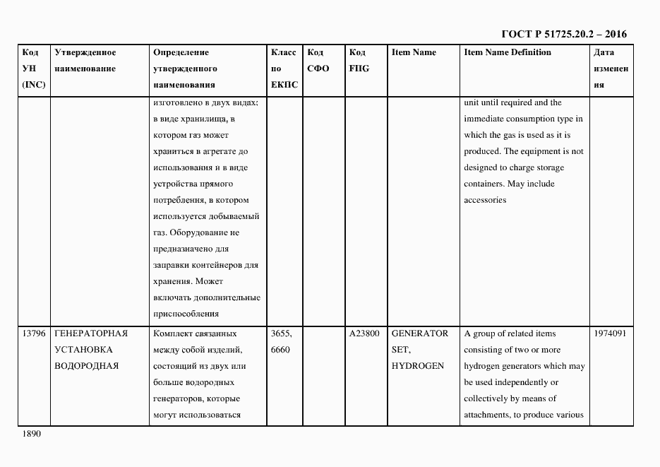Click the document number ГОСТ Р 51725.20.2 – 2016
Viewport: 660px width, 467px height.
(x=563, y=34)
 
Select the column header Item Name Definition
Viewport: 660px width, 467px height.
(x=508, y=52)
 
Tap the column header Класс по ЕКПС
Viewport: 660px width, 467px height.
(x=284, y=69)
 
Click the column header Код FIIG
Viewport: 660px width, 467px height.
(x=359, y=61)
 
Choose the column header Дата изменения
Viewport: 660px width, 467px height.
(x=611, y=69)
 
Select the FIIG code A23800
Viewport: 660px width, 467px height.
(x=364, y=333)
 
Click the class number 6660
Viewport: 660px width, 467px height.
(x=281, y=350)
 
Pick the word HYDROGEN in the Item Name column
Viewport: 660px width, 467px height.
(x=417, y=366)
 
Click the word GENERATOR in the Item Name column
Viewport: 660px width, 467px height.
(x=419, y=333)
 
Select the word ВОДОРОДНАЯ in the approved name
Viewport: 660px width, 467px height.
(x=86, y=366)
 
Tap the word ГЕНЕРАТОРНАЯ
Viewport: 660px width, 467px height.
(x=90, y=333)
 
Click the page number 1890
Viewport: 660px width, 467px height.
(x=32, y=434)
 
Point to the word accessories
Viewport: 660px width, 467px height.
(x=485, y=200)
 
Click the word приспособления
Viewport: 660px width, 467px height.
(x=186, y=314)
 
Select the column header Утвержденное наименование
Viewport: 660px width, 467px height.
(x=85, y=61)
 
